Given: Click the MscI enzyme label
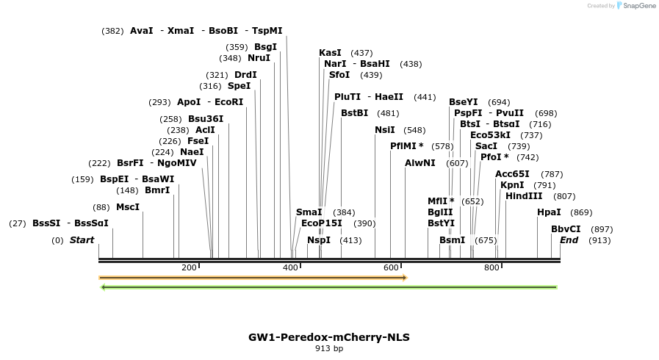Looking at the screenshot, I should click(127, 207).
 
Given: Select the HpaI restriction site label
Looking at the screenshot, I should click(549, 212).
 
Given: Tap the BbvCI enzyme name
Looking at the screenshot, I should click(566, 229).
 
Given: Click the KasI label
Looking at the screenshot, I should click(330, 53).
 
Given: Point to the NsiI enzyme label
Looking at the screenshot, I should click(385, 130).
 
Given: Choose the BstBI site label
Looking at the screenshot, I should click(354, 113).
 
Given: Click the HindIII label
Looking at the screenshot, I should click(524, 196).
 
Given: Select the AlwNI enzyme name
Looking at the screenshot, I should click(420, 163).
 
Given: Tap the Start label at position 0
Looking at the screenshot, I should click(82, 240).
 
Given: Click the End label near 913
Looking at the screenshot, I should click(569, 240).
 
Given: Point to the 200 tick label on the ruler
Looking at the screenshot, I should click(189, 267).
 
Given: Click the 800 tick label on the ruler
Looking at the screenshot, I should click(491, 267).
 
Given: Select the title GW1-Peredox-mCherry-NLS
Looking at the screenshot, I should click(329, 337).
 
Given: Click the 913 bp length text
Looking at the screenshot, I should click(329, 348).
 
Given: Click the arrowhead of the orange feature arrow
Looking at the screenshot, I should click(403, 278).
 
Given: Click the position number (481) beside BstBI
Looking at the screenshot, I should click(388, 113).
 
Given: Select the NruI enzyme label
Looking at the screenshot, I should click(259, 58).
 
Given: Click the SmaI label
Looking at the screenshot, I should click(309, 212).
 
